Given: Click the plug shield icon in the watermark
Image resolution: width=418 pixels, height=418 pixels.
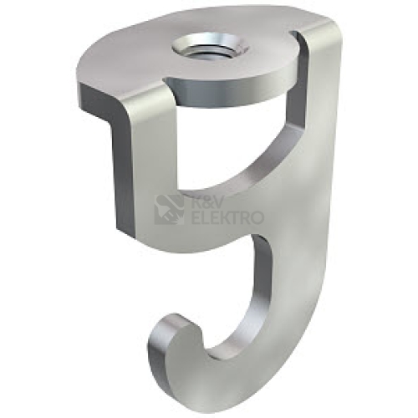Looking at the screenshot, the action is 169,209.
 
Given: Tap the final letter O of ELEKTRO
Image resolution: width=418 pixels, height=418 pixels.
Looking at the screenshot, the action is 257,217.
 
